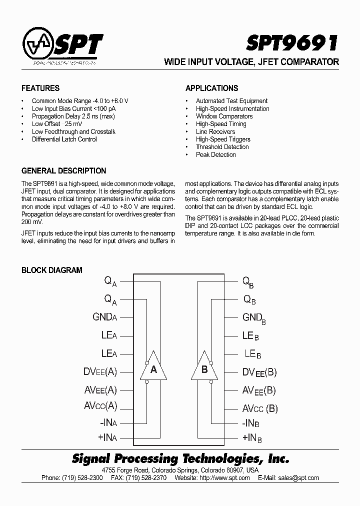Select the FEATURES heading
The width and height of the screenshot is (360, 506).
click(x=40, y=88)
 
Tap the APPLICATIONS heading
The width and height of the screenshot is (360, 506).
click(x=211, y=88)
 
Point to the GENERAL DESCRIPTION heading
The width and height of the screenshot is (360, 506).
click(x=63, y=170)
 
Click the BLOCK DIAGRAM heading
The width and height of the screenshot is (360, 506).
click(x=51, y=270)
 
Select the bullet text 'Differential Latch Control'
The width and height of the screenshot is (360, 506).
click(x=64, y=139)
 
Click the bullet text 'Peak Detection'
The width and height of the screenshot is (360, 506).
click(x=215, y=155)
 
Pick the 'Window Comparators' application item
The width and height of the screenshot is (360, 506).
click(x=224, y=116)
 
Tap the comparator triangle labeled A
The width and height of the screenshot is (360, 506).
click(x=153, y=370)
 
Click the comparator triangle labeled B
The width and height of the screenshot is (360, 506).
click(x=204, y=370)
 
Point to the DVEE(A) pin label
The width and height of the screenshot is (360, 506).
click(x=100, y=372)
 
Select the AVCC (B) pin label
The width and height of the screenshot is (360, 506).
click(x=260, y=408)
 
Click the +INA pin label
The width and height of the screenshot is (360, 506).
click(x=108, y=437)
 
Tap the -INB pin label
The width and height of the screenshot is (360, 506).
click(x=252, y=423)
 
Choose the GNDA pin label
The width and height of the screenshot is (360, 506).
click(x=104, y=317)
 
